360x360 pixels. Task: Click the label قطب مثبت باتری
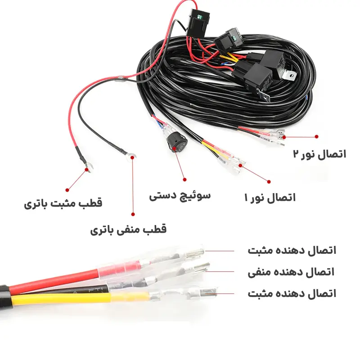pyautogui.click(x=63, y=203)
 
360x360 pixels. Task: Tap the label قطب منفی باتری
pyautogui.click(x=128, y=229)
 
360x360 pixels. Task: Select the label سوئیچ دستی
pyautogui.click(x=180, y=196)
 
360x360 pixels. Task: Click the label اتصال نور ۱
pyautogui.click(x=270, y=198)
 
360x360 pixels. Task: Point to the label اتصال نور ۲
pyautogui.click(x=319, y=154)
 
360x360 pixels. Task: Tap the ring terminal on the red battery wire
pyautogui.click(x=89, y=167)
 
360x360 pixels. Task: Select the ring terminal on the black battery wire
pyautogui.click(x=131, y=157)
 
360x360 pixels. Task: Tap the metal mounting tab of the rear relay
pyautogui.click(x=289, y=75)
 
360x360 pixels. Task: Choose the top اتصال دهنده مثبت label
pyautogui.click(x=292, y=250)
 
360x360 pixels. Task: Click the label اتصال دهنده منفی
pyautogui.click(x=291, y=272)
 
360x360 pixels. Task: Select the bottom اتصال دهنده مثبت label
pyautogui.click(x=292, y=294)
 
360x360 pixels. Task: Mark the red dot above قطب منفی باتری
pyautogui.click(x=133, y=214)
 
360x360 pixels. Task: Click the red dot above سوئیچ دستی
pyautogui.click(x=184, y=180)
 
